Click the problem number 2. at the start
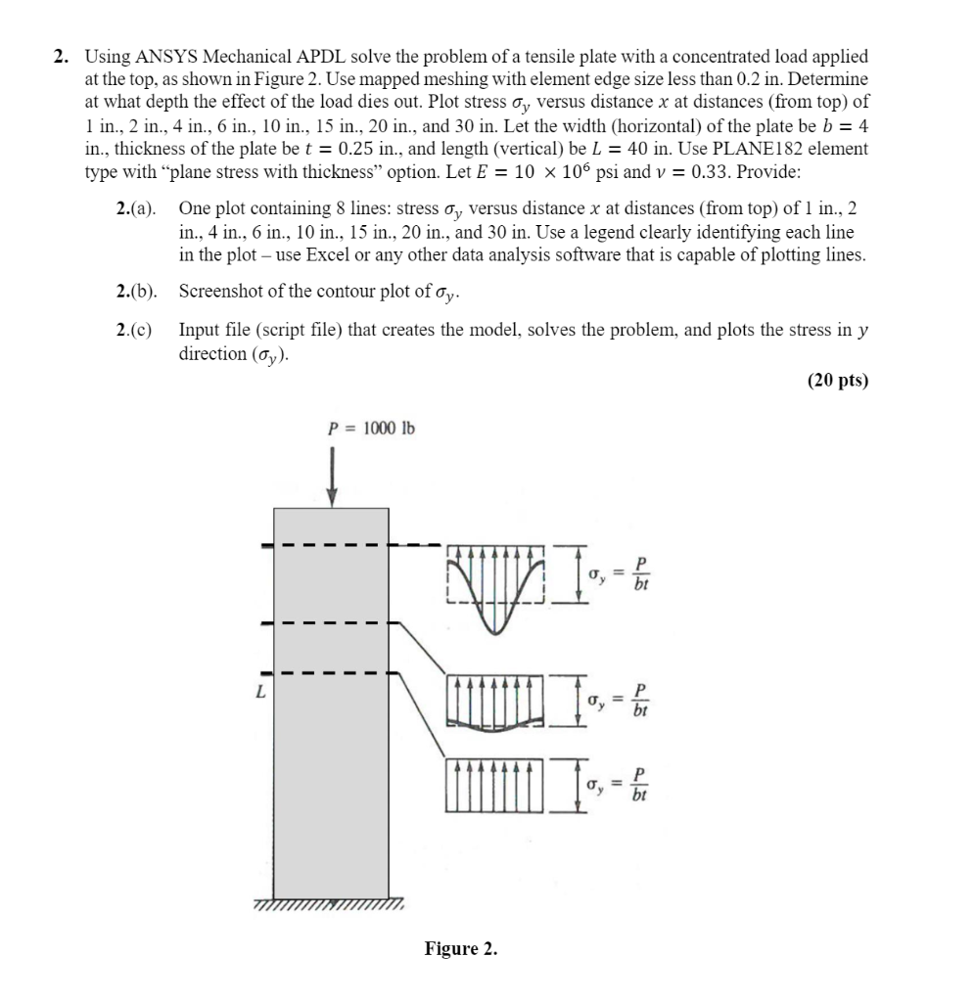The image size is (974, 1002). (61, 58)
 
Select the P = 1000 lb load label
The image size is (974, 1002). (370, 428)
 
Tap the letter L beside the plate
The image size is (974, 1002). (260, 691)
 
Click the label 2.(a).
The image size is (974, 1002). (136, 209)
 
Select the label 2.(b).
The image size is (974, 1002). (136, 292)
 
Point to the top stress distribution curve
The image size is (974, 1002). (497, 597)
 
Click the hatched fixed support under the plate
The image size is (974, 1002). (333, 906)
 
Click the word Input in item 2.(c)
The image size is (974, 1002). (199, 330)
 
